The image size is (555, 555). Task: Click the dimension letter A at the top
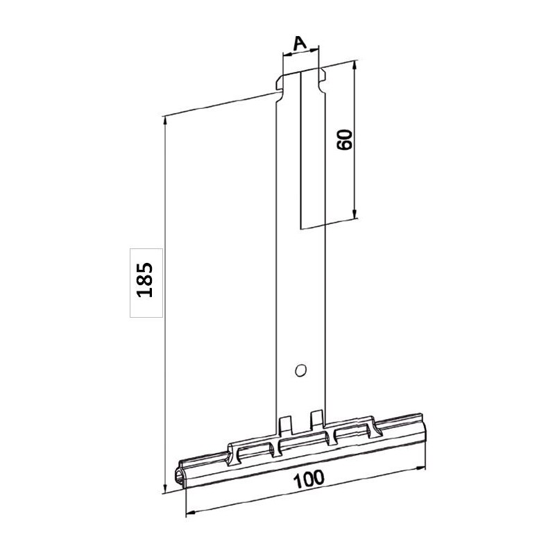click(299, 43)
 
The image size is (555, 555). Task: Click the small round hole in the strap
click(300, 370)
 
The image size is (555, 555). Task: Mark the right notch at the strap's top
click(322, 73)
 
